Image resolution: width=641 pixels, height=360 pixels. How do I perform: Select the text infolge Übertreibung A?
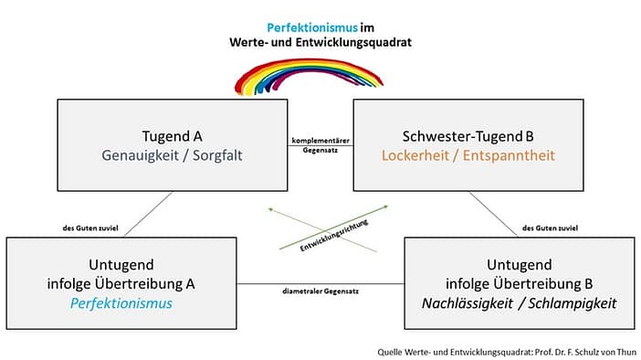click(121, 283)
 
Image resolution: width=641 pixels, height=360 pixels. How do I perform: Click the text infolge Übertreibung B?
click(519, 283)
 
